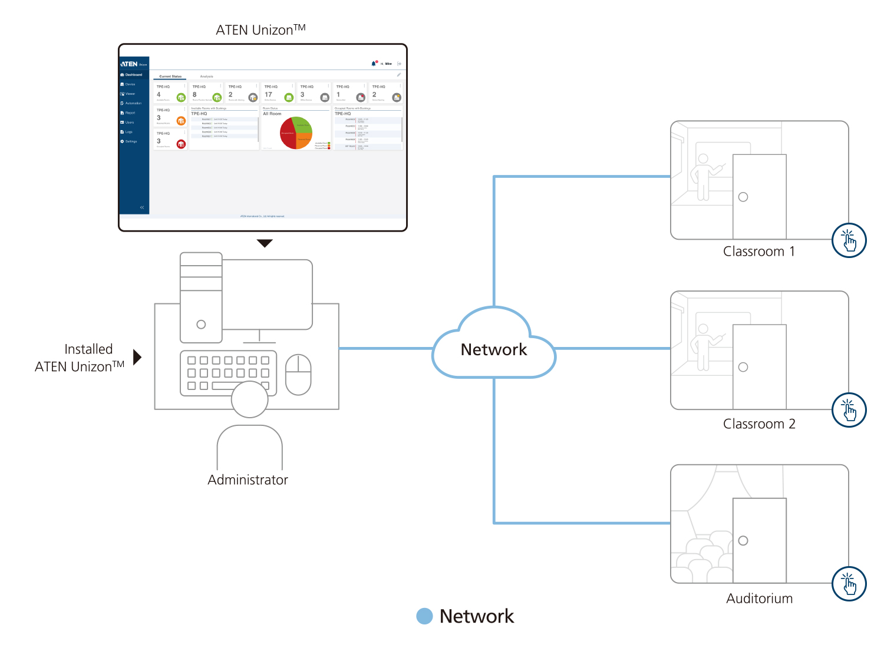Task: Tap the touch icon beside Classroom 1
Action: point(849,240)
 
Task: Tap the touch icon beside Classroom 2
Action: point(849,410)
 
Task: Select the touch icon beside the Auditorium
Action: point(849,584)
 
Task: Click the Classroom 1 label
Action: point(759,252)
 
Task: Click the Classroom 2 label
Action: point(759,424)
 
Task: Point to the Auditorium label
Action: point(759,599)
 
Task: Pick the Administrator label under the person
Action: point(248,480)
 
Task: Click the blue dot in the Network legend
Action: point(424,616)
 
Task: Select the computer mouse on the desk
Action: point(298,375)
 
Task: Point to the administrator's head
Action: point(250,399)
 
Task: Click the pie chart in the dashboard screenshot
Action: point(296,133)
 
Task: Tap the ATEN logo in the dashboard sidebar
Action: point(130,64)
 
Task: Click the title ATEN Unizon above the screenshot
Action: point(260,30)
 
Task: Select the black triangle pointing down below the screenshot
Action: point(265,243)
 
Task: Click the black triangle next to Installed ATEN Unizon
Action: point(137,357)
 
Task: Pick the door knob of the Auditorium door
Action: point(743,541)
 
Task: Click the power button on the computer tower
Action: point(201,324)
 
